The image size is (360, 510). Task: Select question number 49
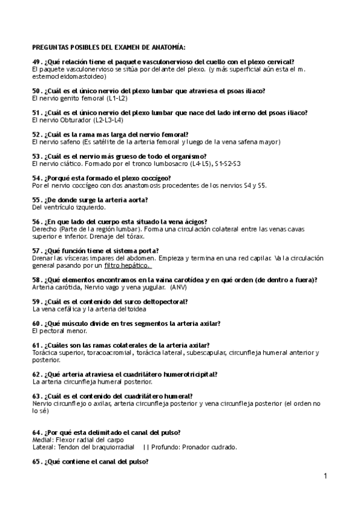pos(35,62)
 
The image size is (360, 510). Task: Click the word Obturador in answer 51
pos(70,120)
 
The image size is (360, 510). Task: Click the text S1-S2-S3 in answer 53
pos(228,164)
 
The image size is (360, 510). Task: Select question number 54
pos(35,178)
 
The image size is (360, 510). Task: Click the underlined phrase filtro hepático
pos(127,265)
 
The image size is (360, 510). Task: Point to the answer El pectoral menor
pos(59,331)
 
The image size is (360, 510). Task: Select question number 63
pos(35,396)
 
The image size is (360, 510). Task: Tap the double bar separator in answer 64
pos(146,447)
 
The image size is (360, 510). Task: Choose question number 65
pos(35,461)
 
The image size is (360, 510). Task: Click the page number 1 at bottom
pos(325,476)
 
